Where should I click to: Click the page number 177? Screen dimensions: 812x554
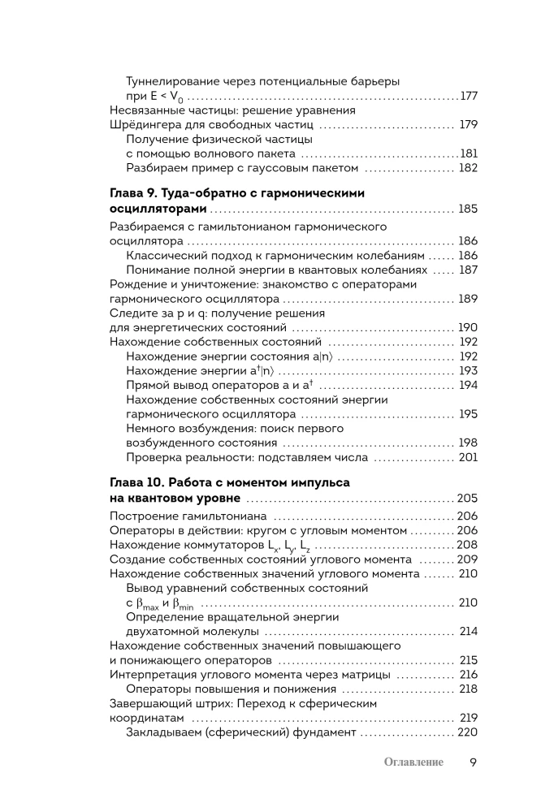tap(468, 97)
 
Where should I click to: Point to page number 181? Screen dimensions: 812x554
tap(468, 153)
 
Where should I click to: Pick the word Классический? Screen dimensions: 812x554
tap(166, 255)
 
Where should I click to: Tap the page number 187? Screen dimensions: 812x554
tap(468, 270)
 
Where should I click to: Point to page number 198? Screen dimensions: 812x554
tap(468, 443)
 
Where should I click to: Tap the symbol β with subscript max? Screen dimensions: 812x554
tap(143, 604)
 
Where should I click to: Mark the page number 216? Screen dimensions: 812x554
tap(468, 675)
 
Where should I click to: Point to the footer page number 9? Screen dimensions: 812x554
tap(474, 762)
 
